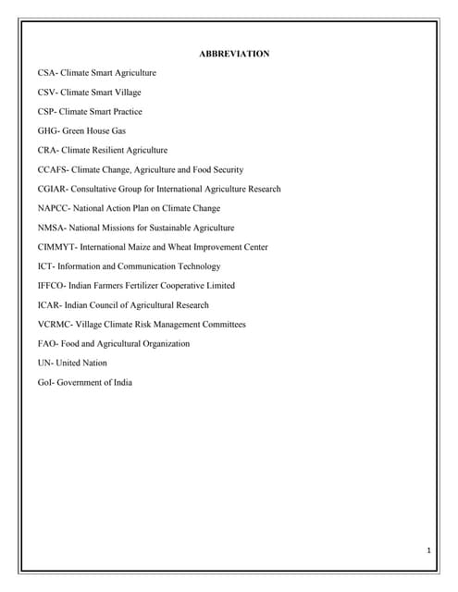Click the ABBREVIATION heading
tap(234, 54)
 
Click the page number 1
tap(429, 551)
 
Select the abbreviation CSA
tap(47, 72)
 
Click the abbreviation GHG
tap(48, 130)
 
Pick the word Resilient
tap(115, 150)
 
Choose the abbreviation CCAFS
tap(52, 169)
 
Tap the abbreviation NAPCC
tap(52, 208)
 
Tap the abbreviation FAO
tap(47, 344)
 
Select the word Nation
tap(94, 364)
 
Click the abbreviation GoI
tap(46, 383)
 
